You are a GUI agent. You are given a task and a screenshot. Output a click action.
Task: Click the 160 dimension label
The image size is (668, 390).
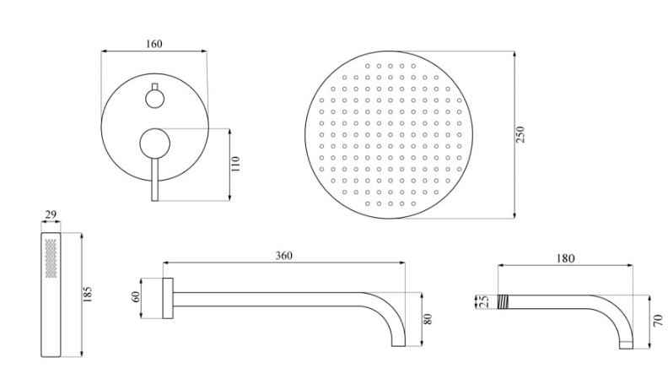click(154, 44)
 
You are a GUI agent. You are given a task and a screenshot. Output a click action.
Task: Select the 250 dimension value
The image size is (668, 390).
click(521, 134)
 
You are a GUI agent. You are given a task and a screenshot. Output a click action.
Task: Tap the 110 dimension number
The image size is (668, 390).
click(235, 164)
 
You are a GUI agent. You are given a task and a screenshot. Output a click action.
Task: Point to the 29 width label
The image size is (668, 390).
click(51, 214)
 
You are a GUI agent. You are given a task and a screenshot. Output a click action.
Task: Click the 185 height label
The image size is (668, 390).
click(88, 295)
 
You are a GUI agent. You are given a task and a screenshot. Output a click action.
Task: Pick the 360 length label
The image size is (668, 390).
click(283, 255)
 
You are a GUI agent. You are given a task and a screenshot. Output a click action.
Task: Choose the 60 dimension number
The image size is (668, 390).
click(136, 296)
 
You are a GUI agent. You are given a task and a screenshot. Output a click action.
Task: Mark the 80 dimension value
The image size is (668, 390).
click(428, 319)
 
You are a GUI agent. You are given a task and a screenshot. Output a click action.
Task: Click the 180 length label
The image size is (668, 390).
click(565, 258)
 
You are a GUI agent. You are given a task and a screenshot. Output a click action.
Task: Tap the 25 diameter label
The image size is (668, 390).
click(484, 301)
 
